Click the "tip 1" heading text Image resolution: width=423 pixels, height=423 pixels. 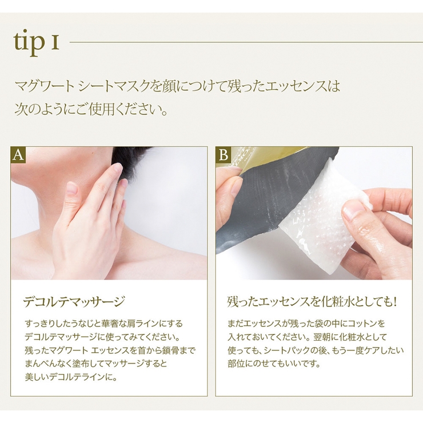36,43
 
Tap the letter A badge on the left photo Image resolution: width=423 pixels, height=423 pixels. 18,155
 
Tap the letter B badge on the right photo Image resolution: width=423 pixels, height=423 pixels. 224,155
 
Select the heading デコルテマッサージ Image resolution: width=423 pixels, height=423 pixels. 74,302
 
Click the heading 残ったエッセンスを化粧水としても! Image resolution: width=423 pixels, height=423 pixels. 312,302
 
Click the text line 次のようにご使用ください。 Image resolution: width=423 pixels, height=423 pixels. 91,110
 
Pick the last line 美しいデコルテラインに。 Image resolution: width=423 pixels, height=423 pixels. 71,377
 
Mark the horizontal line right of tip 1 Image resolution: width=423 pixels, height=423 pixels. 246,42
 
